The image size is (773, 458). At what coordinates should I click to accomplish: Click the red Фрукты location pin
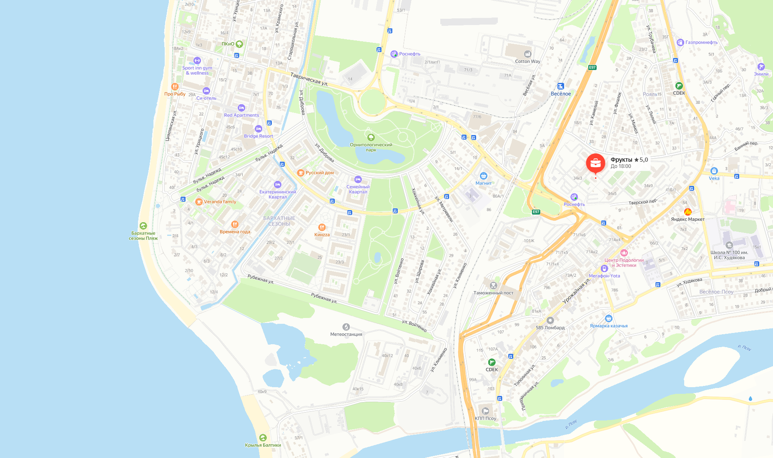coord(595,163)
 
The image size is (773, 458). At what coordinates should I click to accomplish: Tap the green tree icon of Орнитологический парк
coord(371,137)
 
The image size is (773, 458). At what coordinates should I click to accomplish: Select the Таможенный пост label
coord(493,293)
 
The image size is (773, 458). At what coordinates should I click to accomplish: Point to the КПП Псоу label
coord(485,418)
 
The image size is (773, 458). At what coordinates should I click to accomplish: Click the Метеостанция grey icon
coord(346,327)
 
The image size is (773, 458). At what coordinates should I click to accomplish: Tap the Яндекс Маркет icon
coord(688,212)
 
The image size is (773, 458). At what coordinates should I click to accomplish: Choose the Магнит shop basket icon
coord(483,176)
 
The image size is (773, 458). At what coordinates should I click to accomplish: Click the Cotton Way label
coord(527,61)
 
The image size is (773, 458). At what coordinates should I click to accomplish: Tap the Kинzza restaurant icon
coord(322,227)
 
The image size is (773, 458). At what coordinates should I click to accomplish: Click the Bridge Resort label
coord(259,136)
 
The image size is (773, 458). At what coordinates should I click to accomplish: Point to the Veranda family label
coord(220,202)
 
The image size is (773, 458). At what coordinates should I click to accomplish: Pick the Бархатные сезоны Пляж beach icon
coord(143,226)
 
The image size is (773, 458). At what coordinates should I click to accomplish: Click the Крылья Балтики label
coord(263,445)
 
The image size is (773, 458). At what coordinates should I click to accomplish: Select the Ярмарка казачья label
coord(608,326)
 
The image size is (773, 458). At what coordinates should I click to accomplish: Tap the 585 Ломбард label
coord(550,328)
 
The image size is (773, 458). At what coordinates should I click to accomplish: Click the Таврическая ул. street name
coord(309,79)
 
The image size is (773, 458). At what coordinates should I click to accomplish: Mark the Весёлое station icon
coord(560,86)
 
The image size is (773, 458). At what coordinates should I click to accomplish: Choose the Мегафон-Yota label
coord(604,276)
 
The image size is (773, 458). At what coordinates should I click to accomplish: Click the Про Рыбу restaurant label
coord(175,94)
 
